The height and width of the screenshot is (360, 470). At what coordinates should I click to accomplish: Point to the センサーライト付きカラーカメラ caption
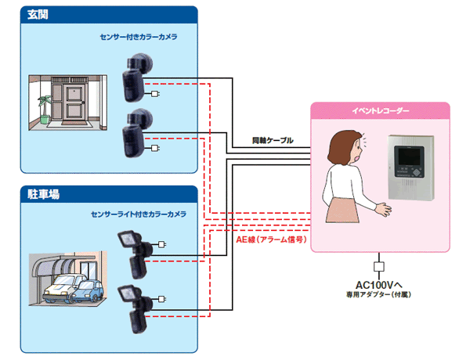[x=138, y=214]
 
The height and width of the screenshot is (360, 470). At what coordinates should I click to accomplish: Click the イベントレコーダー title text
[x=381, y=113]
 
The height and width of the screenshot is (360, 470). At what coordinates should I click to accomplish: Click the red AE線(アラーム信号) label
[x=270, y=239]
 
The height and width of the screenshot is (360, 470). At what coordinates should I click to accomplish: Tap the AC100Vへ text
[x=379, y=283]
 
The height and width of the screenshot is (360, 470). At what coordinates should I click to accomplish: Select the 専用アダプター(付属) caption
[x=379, y=295]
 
